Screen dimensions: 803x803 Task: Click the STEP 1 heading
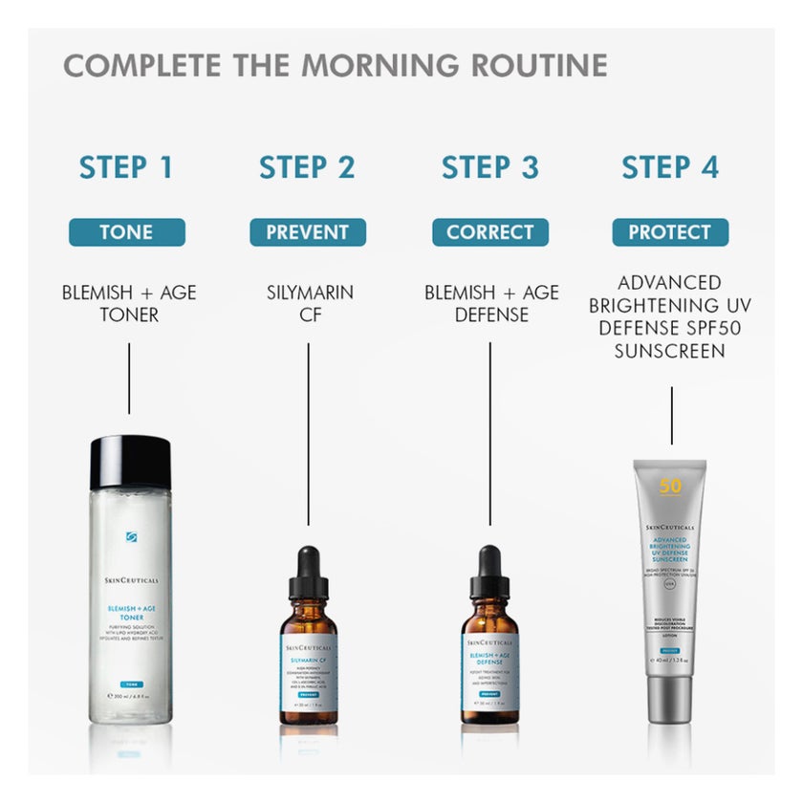(x=126, y=166)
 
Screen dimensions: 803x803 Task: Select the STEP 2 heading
(x=307, y=166)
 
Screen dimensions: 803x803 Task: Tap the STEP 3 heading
(x=489, y=166)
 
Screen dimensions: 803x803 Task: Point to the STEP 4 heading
(x=670, y=166)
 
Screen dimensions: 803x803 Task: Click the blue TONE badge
(x=126, y=232)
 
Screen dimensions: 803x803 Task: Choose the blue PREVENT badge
(x=308, y=232)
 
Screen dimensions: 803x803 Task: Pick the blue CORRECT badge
(x=490, y=232)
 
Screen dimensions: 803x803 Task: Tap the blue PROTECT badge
(x=670, y=232)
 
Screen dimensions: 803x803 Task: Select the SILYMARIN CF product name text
(x=308, y=303)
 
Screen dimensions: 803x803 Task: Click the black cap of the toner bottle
(x=129, y=462)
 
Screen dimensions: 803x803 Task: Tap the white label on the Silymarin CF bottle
(x=308, y=675)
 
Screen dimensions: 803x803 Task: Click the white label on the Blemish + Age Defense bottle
(x=490, y=675)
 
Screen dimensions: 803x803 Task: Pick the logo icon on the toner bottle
(x=131, y=536)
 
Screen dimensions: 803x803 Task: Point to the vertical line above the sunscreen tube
(x=671, y=415)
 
